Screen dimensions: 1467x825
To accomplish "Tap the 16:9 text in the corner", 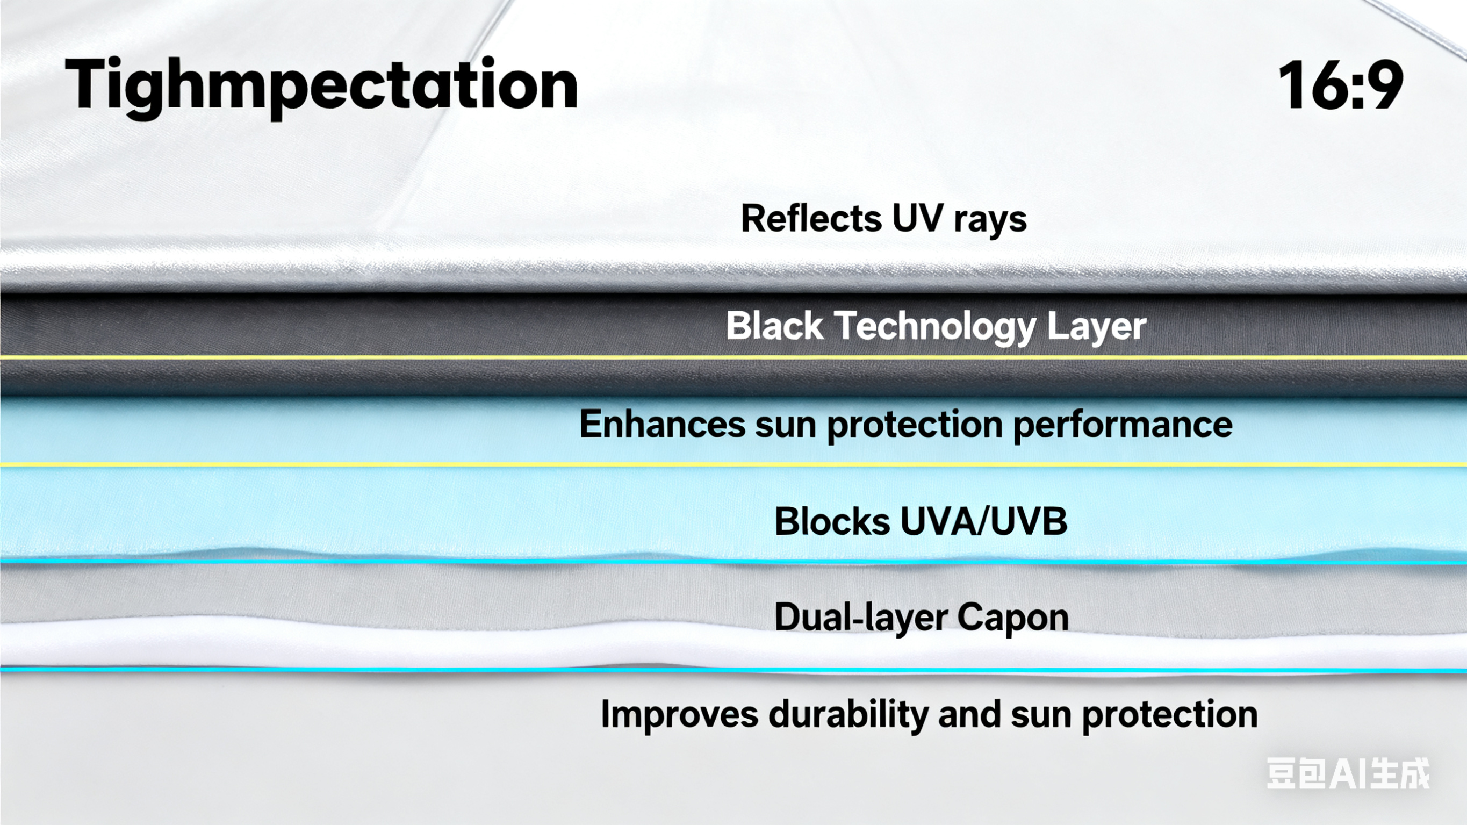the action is tap(1341, 86).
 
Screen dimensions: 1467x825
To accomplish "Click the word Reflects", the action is tap(811, 218).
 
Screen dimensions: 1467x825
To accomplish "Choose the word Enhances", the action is tap(661, 425).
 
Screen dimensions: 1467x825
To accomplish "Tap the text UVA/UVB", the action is tap(983, 521).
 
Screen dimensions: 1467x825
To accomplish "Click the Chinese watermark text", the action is tap(1347, 774).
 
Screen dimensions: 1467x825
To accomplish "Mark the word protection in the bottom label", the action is tap(1170, 715).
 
